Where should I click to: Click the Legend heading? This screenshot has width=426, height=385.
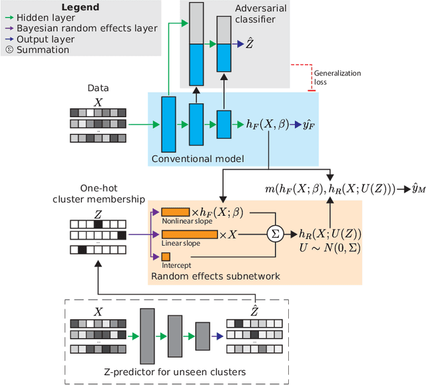pos(81,7)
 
